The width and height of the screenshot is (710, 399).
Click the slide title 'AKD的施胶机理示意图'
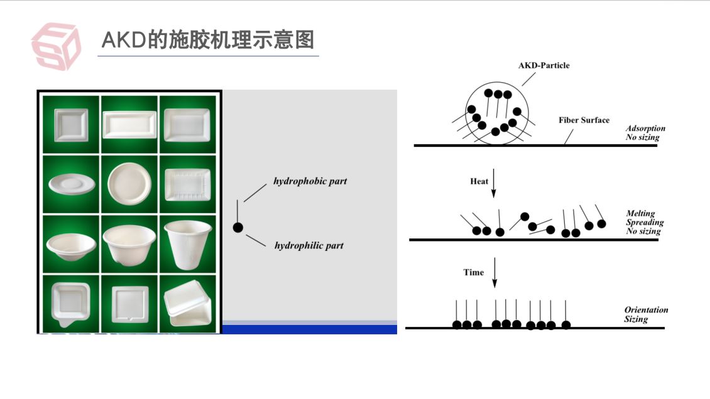tap(207, 40)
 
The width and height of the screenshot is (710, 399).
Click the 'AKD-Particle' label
tap(543, 65)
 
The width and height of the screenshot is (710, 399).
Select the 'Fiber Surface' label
tap(584, 120)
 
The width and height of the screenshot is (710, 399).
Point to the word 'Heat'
tap(479, 181)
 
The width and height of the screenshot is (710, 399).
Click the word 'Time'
tap(474, 272)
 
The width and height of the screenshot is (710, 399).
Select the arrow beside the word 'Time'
tap(494, 272)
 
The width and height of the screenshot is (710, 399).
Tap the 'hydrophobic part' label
tap(310, 181)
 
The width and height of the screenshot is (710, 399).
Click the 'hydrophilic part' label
tap(309, 245)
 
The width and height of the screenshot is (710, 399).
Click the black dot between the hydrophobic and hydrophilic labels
tap(238, 228)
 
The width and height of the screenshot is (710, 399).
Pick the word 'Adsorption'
tap(645, 129)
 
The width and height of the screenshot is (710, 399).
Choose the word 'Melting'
tap(640, 214)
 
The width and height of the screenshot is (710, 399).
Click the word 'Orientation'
tap(646, 310)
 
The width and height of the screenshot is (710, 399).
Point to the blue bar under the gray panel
tap(310, 329)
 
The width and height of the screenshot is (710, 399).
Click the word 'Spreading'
tap(645, 223)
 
